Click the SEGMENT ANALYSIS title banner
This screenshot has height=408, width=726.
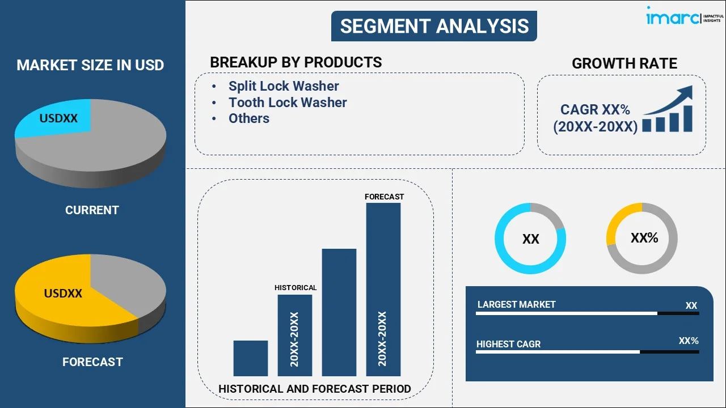click(434, 26)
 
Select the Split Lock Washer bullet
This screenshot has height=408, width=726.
click(283, 86)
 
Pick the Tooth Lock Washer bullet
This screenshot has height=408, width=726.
click(287, 103)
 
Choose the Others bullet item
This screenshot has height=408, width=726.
click(248, 118)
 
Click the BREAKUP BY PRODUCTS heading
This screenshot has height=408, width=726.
click(296, 62)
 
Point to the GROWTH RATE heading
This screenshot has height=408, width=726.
click(624, 63)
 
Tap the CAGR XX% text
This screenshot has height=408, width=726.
click(595, 110)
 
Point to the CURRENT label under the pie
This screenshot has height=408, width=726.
click(92, 210)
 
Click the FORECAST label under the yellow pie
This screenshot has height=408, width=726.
click(92, 362)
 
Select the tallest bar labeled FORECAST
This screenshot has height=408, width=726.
click(383, 289)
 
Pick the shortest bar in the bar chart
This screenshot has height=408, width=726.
click(250, 358)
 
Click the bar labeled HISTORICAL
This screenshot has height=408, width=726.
click(294, 334)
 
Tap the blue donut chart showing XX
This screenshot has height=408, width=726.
click(530, 239)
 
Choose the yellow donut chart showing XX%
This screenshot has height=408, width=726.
click(642, 239)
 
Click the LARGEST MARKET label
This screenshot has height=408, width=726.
click(516, 305)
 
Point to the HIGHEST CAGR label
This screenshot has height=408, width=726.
click(508, 344)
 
